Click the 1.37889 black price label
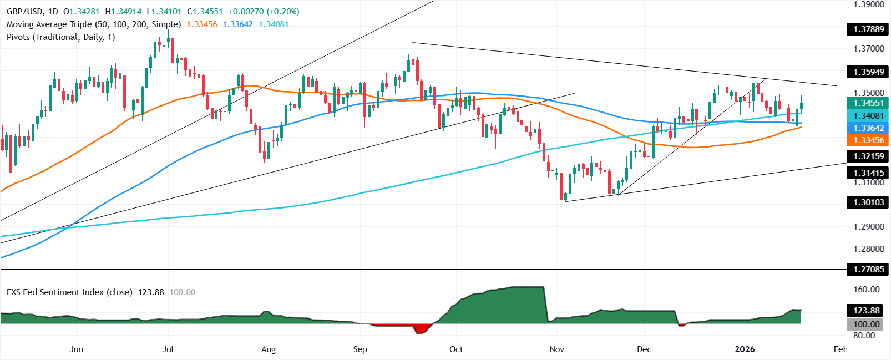[x=868, y=29]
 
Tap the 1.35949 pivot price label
[x=868, y=72]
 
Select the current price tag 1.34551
[x=868, y=103]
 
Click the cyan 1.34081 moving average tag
[x=868, y=115]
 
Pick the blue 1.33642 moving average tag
[x=868, y=128]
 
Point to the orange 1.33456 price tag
[x=868, y=140]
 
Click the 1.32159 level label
[x=868, y=156]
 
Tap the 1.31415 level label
[x=868, y=173]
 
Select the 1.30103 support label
[x=868, y=202]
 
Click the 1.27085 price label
[x=868, y=270]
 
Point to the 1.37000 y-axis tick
[x=869, y=49]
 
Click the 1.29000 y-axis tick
[x=869, y=227]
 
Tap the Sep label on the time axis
[x=360, y=349]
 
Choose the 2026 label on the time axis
[x=745, y=349]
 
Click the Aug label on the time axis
[x=269, y=349]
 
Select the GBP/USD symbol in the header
[x=25, y=12]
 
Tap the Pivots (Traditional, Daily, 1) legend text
[x=61, y=37]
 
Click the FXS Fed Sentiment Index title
[x=69, y=292]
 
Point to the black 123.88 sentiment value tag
[x=867, y=311]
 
